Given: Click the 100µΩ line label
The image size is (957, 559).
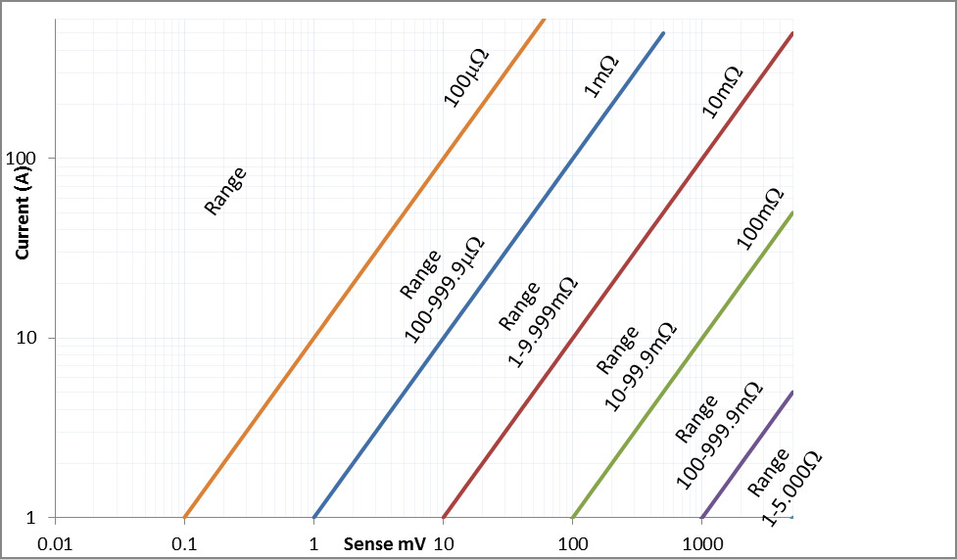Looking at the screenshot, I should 465,75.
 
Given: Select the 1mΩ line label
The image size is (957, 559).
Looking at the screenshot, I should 600,75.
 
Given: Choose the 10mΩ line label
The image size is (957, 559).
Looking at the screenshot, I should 723,91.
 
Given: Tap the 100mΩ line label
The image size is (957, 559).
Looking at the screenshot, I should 759,217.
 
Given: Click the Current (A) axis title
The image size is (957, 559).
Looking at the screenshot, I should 22,211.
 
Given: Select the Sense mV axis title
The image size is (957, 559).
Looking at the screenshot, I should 384,543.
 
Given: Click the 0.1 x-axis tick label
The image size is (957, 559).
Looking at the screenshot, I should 184,542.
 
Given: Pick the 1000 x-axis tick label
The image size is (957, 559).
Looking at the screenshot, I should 701,542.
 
